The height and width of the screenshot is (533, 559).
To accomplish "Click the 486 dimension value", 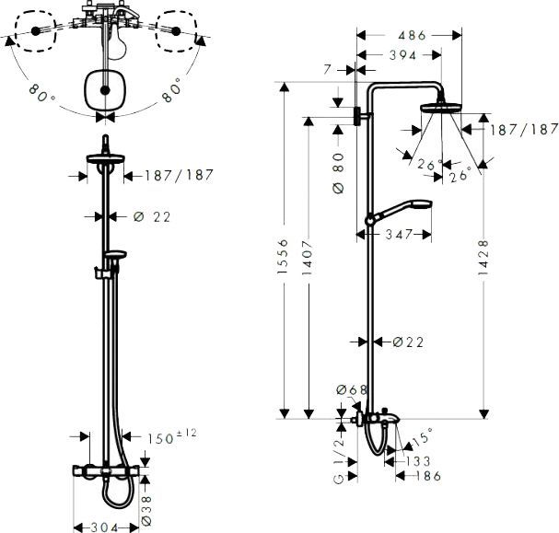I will (411, 36).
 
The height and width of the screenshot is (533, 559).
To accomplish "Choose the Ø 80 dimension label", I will (339, 172).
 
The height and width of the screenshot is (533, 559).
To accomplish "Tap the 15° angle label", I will (421, 432).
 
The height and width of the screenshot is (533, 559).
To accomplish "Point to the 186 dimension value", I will (425, 476).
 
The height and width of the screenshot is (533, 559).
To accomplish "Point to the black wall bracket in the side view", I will (358, 117).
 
